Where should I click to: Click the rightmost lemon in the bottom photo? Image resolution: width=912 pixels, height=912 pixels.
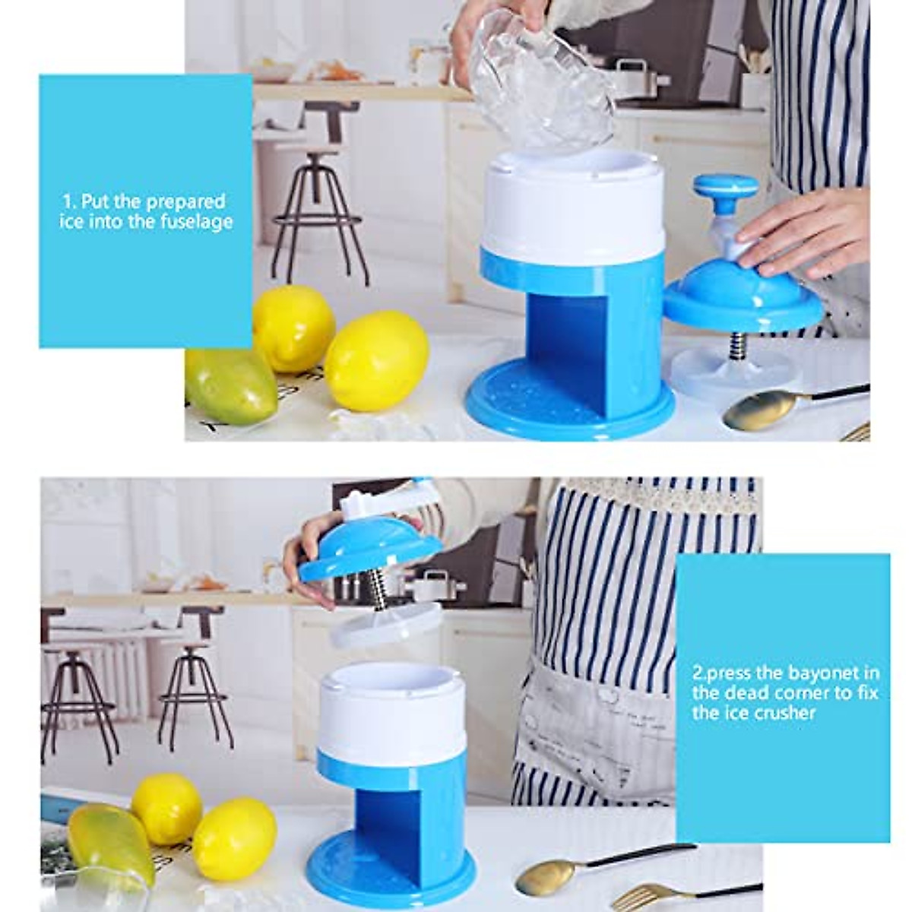tap(234, 838)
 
